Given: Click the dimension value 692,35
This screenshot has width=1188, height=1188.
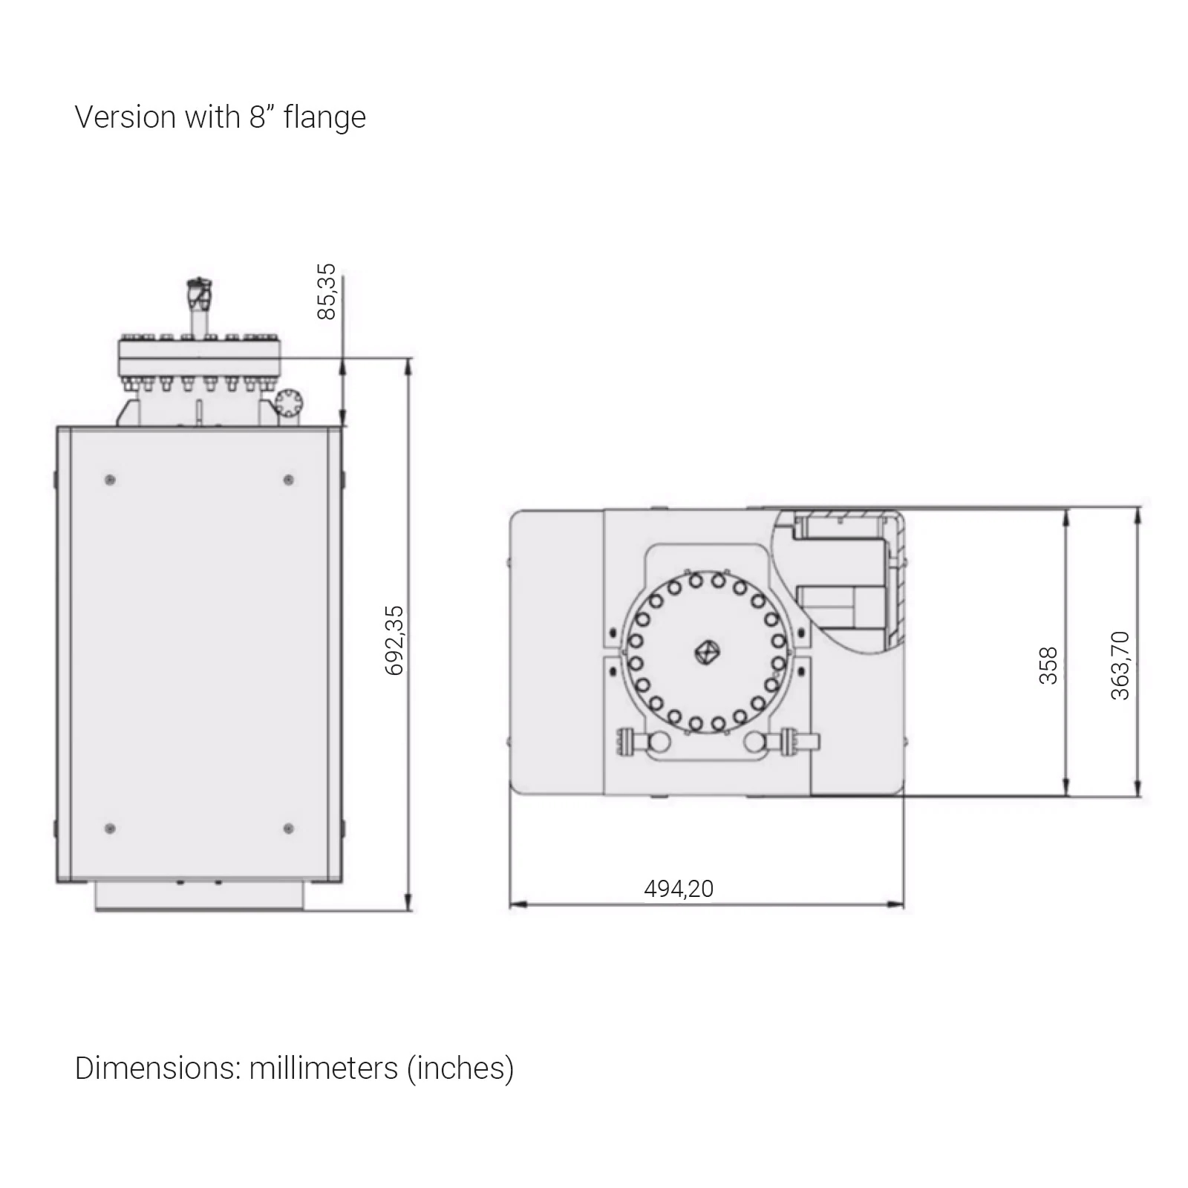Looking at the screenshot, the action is [x=395, y=640].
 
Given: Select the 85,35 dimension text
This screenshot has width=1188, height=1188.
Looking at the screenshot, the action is [x=327, y=292].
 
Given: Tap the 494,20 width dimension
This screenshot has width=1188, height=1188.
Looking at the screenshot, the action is [x=679, y=889].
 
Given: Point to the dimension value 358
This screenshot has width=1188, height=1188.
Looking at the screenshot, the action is [x=1048, y=665].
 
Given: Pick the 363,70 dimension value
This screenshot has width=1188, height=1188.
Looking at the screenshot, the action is [x=1120, y=665].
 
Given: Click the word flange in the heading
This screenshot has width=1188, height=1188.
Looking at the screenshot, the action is [x=324, y=118].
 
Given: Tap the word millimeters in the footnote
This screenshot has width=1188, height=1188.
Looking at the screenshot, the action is [x=324, y=1068].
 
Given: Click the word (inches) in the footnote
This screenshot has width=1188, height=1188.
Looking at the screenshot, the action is [x=460, y=1069].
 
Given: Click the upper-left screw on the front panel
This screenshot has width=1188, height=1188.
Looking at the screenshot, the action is [x=110, y=480].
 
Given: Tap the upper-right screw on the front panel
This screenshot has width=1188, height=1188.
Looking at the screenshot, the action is [x=288, y=480].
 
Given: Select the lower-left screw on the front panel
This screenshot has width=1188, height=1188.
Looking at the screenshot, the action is [x=110, y=828].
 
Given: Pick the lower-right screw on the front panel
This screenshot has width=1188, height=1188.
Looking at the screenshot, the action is [x=288, y=828].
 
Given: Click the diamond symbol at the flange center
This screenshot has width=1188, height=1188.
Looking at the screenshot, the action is [x=706, y=653].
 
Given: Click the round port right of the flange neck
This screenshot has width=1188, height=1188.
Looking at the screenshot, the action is [x=288, y=403].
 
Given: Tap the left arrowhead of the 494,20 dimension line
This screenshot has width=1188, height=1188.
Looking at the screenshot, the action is [x=518, y=904].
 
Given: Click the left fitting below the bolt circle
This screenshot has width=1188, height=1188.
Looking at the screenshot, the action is [x=643, y=742].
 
